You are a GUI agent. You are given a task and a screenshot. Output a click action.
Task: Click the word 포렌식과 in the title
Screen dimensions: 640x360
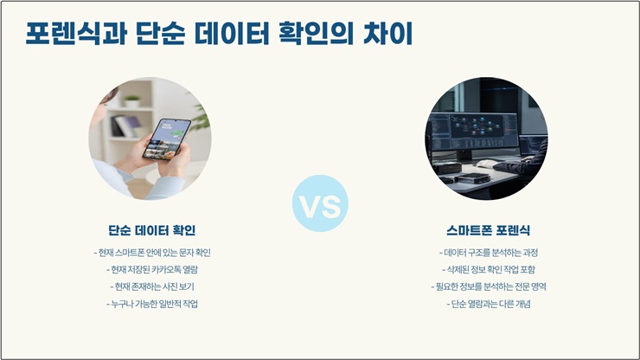[x=76, y=33]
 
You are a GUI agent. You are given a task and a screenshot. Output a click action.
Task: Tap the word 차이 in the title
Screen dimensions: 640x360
[x=387, y=33]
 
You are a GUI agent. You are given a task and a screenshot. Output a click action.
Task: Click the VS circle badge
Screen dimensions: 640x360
[x=320, y=203]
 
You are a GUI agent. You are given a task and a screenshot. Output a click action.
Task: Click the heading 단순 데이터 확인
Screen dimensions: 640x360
[x=152, y=230]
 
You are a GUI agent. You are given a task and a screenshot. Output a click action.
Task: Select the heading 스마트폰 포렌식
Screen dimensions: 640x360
[x=488, y=230]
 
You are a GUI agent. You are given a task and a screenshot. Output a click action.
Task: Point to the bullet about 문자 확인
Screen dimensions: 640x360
[x=152, y=253]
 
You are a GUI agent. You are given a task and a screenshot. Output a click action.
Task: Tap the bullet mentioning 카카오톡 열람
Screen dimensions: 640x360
[x=152, y=270]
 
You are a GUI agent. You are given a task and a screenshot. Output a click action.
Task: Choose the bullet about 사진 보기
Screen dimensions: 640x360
[x=152, y=286]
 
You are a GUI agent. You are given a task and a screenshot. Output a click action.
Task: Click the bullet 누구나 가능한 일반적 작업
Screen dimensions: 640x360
[x=152, y=304]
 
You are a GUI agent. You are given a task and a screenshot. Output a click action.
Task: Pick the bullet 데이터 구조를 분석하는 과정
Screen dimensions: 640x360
[x=489, y=253]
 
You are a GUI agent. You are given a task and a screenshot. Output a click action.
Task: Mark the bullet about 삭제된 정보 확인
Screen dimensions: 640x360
[x=489, y=270]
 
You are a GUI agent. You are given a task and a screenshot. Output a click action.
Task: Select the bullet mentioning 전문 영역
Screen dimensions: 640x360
[x=489, y=286]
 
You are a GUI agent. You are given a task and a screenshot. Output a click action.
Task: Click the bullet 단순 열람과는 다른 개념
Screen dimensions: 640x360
[x=489, y=304]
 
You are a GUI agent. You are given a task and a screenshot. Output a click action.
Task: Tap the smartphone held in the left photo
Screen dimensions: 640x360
[x=167, y=139]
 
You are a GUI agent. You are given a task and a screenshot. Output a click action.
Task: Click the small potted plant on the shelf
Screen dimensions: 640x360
[x=131, y=100]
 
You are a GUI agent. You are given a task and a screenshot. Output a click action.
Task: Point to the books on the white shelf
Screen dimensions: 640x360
[x=125, y=126]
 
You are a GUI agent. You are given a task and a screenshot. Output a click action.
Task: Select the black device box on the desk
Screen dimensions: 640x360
[x=473, y=178]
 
